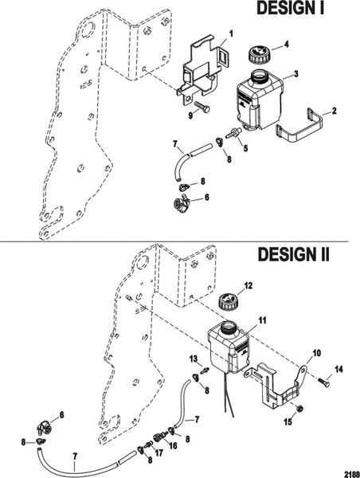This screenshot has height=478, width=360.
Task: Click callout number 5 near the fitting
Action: point(245,148)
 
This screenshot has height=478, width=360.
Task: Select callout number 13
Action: point(192,359)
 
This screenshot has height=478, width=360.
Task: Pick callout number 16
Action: point(173,448)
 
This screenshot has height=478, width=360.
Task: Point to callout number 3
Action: point(295,73)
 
